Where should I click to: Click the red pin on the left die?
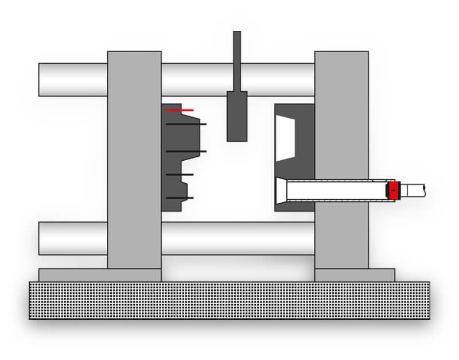[x=180, y=110]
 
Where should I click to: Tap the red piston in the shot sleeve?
[x=393, y=191]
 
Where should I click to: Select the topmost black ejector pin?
[x=186, y=124]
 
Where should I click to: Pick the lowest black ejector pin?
[x=180, y=198]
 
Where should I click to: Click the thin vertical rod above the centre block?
[x=237, y=60]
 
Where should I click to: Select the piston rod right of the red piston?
[x=414, y=190]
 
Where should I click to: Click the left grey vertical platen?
[x=134, y=161]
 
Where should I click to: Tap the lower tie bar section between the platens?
[x=238, y=238]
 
